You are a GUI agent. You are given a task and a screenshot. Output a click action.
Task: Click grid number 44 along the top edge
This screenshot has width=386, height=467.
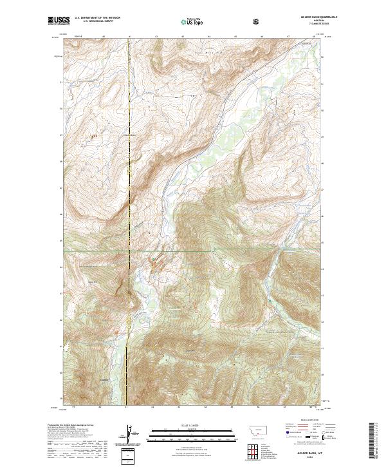click(x=209, y=37)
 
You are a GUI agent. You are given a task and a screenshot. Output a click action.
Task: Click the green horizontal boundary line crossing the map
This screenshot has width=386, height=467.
click(x=257, y=247)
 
